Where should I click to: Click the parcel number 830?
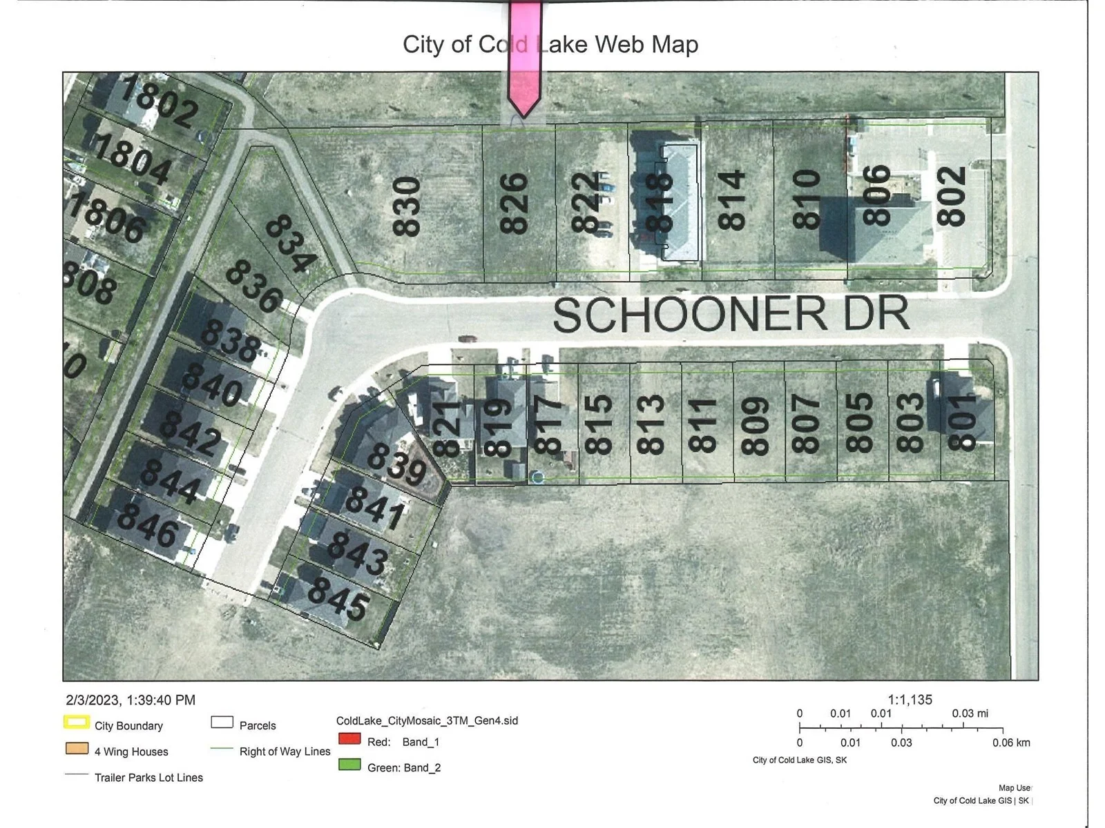point(407,207)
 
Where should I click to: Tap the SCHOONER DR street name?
point(731,314)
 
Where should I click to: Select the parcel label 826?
point(515,204)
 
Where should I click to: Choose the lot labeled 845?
point(338,598)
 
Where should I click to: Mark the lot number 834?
point(291,244)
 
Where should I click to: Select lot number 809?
point(755,426)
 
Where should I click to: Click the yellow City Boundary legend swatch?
point(76,723)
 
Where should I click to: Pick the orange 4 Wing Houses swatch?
point(76,749)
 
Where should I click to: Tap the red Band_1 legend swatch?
point(349,739)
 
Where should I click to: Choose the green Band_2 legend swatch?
point(349,765)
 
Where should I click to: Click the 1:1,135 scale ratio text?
point(910,700)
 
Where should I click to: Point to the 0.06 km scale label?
point(1010,742)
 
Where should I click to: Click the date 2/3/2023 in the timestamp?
point(93,700)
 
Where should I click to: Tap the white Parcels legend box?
point(222,723)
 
